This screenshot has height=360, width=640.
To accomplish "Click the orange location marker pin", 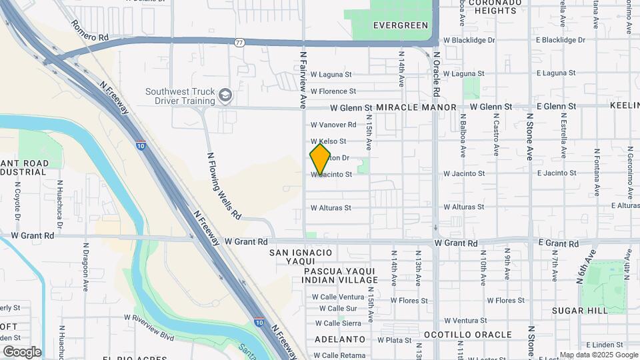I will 320,159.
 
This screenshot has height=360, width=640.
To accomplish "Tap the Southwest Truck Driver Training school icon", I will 226,95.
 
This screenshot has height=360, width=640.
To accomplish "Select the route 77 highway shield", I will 239,43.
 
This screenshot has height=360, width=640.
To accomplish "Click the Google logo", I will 22,351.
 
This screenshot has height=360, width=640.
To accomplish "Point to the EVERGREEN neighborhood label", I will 400,25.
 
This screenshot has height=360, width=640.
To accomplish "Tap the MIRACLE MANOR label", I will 416,107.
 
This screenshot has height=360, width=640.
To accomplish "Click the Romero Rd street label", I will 89,31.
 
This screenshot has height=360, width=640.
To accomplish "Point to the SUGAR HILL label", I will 579,311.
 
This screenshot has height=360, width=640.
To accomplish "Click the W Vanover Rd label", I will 333,125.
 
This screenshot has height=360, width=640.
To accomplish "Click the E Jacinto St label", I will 557,173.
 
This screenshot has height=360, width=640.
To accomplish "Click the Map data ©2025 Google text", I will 598,355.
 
